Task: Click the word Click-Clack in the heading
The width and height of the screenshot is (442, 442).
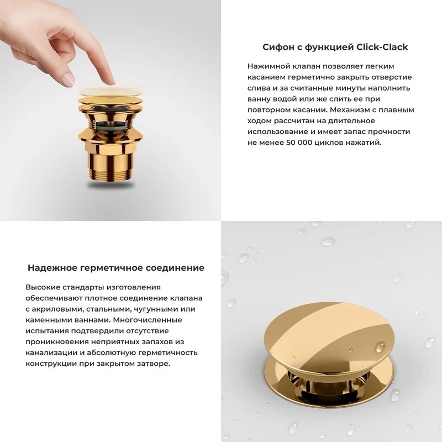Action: point(382,47)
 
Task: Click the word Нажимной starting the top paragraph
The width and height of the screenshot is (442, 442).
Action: point(265,66)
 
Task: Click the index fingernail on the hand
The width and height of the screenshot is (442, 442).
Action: point(67,80)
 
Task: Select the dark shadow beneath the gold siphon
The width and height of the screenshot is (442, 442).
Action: point(110,185)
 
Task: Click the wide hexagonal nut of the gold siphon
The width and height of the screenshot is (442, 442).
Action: point(110,136)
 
